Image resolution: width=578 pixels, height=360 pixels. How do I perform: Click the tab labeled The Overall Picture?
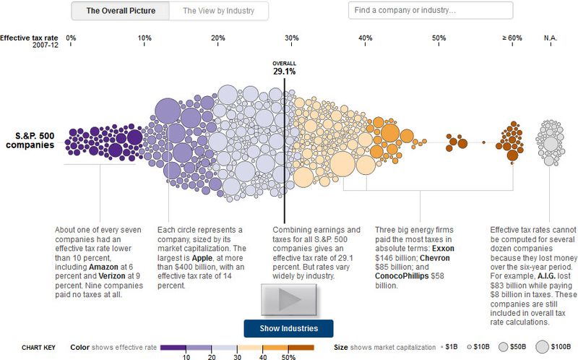pos(120,11)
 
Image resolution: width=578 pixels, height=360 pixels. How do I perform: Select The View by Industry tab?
pos(217,11)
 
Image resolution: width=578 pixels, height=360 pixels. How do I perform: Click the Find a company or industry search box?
pos(431,11)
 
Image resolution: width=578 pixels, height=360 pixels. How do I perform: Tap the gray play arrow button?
pos(289,300)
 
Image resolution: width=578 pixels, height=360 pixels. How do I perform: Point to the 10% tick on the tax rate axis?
pos(144,38)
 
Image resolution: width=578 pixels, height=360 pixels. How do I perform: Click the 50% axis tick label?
pos(439,38)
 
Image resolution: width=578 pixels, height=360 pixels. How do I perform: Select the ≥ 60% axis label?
pos(512,38)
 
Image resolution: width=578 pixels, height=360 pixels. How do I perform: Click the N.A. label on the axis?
pos(552,38)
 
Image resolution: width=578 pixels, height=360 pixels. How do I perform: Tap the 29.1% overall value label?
pos(284,71)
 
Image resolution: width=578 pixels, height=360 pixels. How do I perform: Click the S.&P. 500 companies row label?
pos(30,140)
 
